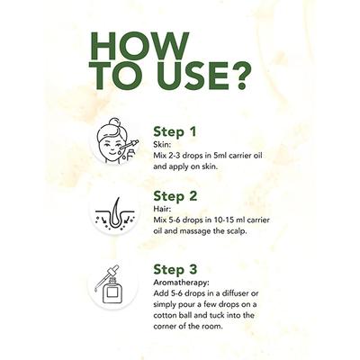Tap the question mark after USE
(239, 76)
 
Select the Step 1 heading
(175, 132)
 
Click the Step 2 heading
(175, 196)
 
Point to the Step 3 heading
(175, 269)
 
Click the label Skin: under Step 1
(162, 145)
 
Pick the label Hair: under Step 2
(162, 209)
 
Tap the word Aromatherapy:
(181, 283)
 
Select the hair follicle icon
(115, 213)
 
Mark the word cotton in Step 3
(163, 316)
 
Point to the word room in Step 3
(214, 327)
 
